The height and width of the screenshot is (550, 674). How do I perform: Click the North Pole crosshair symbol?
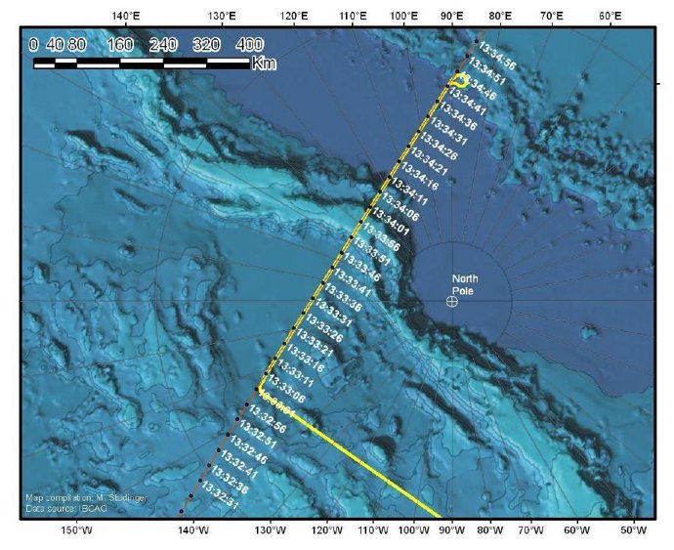click(x=451, y=302)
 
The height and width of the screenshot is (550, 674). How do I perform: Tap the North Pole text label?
click(x=465, y=284)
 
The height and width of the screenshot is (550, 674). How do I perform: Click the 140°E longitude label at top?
click(x=124, y=16)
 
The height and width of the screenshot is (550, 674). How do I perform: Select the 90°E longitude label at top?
click(x=451, y=16)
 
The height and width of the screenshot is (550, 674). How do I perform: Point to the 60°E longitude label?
click(x=611, y=16)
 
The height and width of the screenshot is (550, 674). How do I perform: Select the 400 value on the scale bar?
click(x=249, y=44)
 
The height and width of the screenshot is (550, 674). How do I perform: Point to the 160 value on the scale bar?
click(x=120, y=44)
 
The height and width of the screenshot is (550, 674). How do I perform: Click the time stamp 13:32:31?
click(x=218, y=501)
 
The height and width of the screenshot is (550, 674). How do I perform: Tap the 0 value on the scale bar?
click(x=34, y=44)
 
